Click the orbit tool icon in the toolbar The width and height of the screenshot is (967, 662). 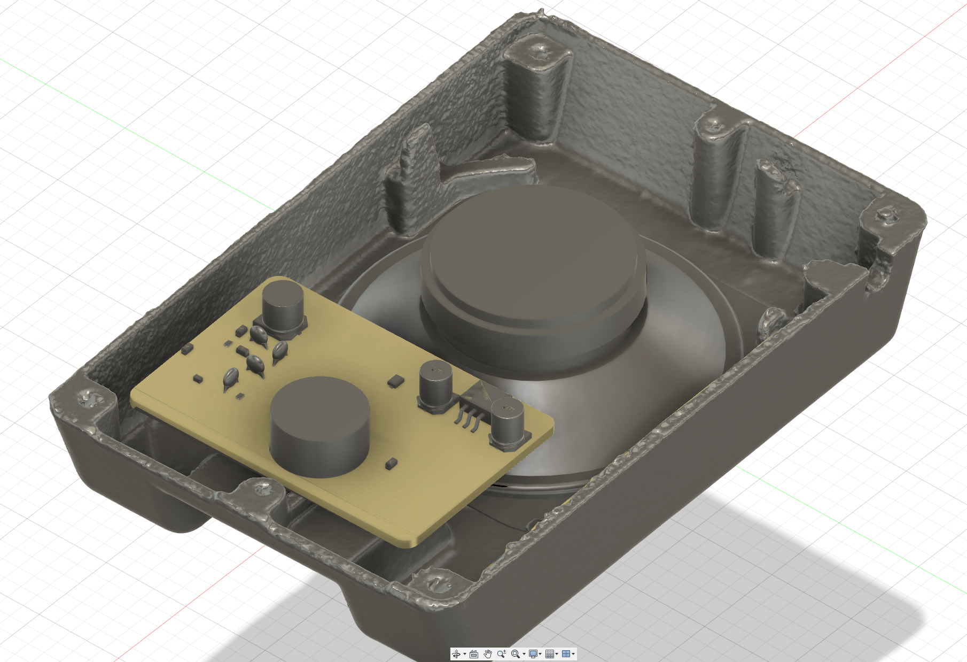coord(456,654)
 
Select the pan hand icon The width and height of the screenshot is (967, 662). coord(488,654)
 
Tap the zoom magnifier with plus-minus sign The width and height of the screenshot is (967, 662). coord(501,654)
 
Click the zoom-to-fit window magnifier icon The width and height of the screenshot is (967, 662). coord(516,654)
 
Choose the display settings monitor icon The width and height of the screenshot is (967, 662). coord(533,654)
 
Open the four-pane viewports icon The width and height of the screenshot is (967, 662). coord(566,654)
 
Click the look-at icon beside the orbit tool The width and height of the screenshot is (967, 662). coord(474,654)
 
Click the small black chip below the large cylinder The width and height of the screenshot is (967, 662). coord(391,463)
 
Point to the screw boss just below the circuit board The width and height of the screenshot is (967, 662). coord(262,487)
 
